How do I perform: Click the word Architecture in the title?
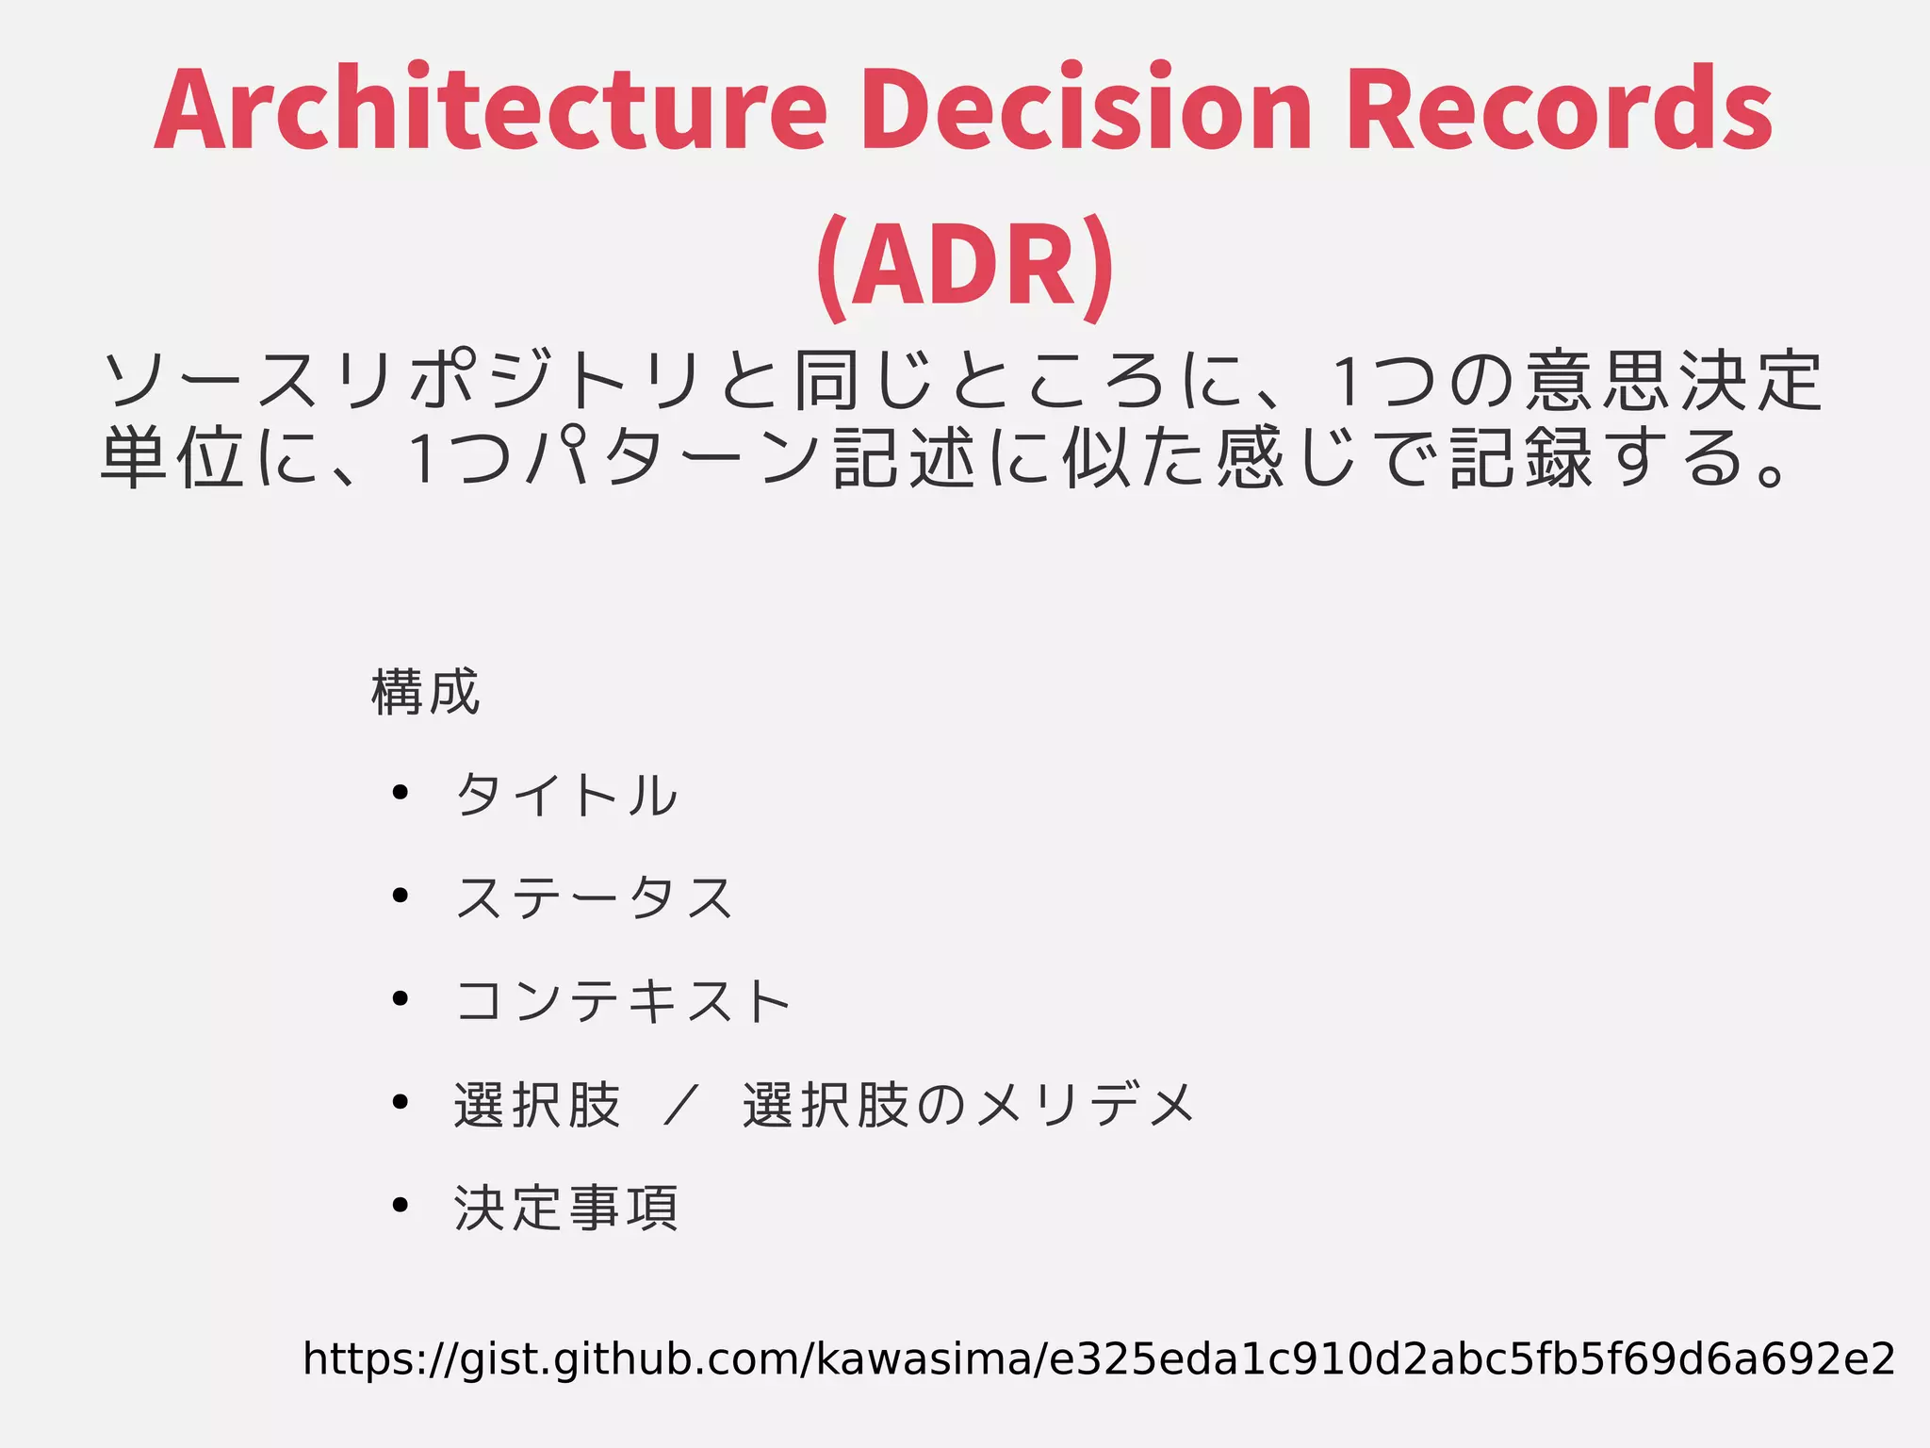click(490, 108)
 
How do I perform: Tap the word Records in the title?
click(1560, 108)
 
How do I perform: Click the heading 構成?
click(426, 693)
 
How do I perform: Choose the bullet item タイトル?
click(566, 795)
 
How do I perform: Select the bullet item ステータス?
click(594, 897)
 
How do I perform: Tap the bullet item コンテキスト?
click(622, 1000)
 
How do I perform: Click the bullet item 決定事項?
click(566, 1208)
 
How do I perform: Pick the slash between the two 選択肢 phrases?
click(680, 1105)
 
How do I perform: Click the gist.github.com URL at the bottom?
click(1098, 1359)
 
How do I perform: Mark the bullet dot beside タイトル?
click(401, 793)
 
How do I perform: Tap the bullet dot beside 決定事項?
click(401, 1205)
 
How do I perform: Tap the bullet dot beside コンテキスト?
click(401, 998)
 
